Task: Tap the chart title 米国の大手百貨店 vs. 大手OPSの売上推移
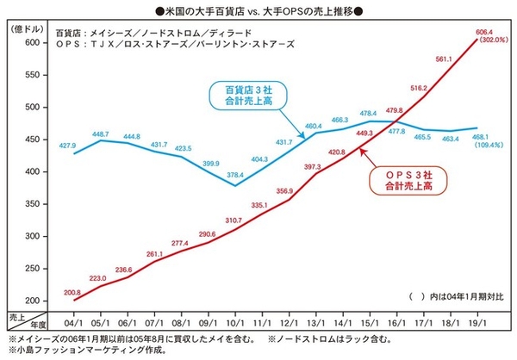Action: [258, 9]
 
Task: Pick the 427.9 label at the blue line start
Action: [68, 145]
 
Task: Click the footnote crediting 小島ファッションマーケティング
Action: [73, 351]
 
